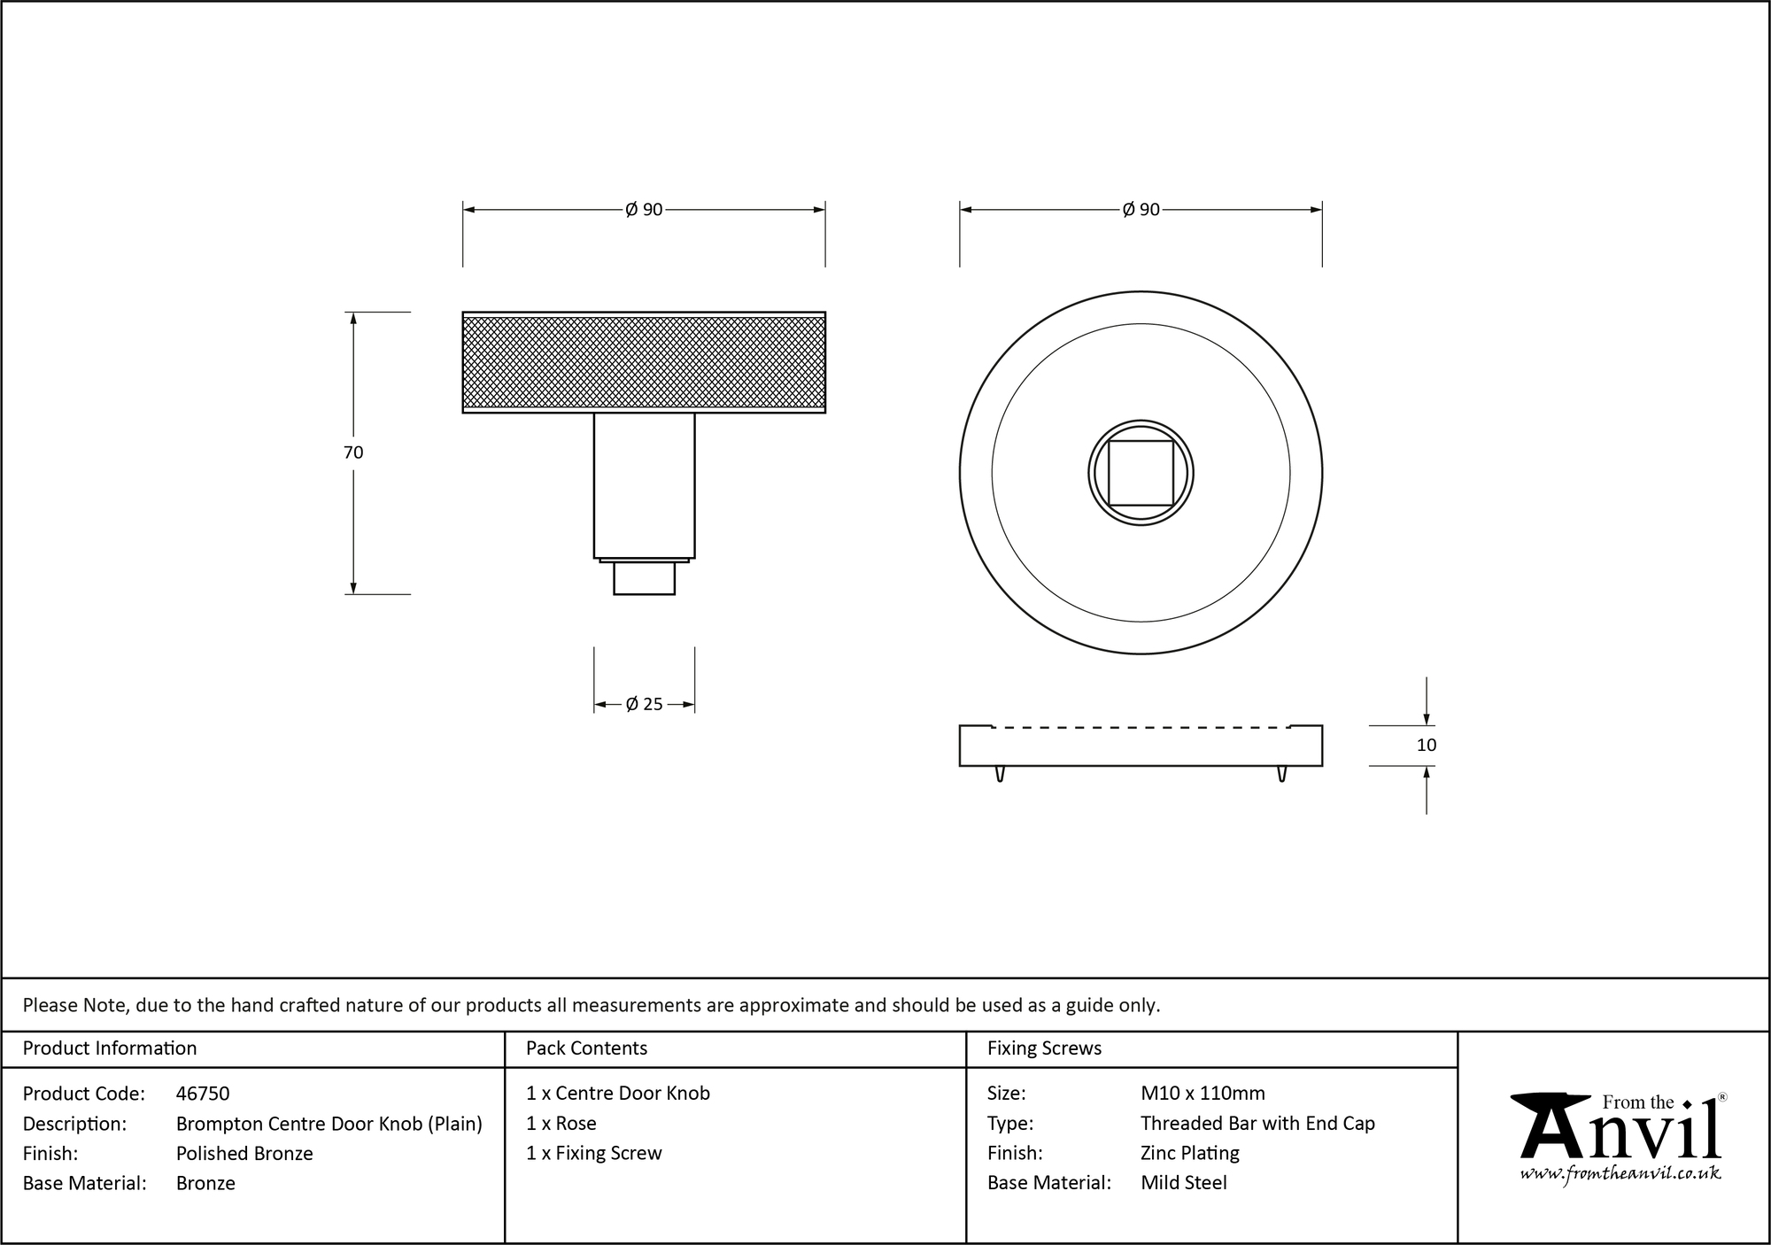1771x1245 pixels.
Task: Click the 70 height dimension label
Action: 352,452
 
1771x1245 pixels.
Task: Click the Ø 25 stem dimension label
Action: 644,705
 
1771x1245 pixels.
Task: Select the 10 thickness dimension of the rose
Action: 1426,746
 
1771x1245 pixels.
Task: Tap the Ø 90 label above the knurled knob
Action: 644,210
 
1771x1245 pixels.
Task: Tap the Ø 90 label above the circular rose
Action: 1141,210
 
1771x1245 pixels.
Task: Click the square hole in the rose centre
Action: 1141,473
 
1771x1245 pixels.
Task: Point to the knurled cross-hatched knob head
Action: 644,363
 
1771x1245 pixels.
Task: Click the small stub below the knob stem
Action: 644,578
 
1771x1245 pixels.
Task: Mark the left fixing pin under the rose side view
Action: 1000,774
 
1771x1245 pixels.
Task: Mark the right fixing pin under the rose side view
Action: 1281,774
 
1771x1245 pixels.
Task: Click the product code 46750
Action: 203,1094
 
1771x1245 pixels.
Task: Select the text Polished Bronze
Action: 244,1153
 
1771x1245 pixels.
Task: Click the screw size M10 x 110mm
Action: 1203,1094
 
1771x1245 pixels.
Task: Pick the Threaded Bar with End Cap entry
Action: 1257,1124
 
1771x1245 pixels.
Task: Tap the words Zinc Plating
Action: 1189,1153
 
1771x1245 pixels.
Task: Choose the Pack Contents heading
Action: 586,1048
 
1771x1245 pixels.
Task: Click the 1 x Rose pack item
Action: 561,1124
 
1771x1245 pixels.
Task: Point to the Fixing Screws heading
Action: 1044,1048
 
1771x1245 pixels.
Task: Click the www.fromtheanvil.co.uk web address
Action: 1620,1173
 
